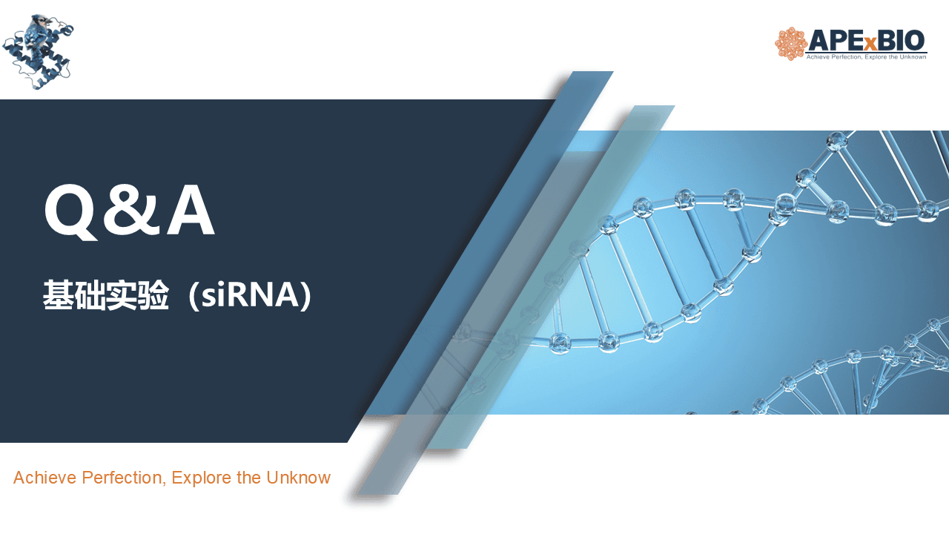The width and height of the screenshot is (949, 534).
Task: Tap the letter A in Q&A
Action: point(191,210)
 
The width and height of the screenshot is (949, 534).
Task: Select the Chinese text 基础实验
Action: point(106,294)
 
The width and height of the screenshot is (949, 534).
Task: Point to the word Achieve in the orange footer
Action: point(45,478)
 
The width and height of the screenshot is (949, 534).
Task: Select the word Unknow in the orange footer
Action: point(298,478)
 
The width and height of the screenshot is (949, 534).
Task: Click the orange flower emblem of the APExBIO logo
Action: point(790,44)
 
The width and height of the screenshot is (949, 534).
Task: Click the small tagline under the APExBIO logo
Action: point(866,57)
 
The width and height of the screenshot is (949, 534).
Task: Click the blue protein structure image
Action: point(38,52)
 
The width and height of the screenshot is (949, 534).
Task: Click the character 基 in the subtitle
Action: point(58,294)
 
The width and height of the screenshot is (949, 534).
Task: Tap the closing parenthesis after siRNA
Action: point(307,294)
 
